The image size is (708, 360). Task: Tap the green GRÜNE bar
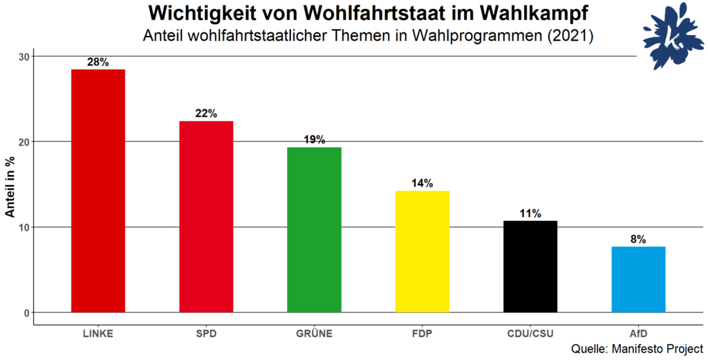pyautogui.click(x=314, y=229)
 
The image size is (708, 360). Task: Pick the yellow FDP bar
pyautogui.click(x=422, y=252)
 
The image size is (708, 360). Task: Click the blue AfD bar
pyautogui.click(x=638, y=279)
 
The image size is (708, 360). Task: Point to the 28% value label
pyautogui.click(x=98, y=62)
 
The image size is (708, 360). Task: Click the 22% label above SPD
pyautogui.click(x=206, y=113)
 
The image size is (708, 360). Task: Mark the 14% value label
pyautogui.click(x=422, y=183)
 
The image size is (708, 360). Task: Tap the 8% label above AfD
pyautogui.click(x=638, y=239)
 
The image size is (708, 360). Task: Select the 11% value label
pyautogui.click(x=530, y=214)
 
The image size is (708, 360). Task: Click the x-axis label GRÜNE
pyautogui.click(x=314, y=334)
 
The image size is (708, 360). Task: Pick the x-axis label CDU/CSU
pyautogui.click(x=530, y=334)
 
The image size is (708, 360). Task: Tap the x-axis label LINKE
pyautogui.click(x=98, y=334)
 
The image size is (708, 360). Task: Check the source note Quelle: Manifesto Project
pyautogui.click(x=637, y=349)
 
